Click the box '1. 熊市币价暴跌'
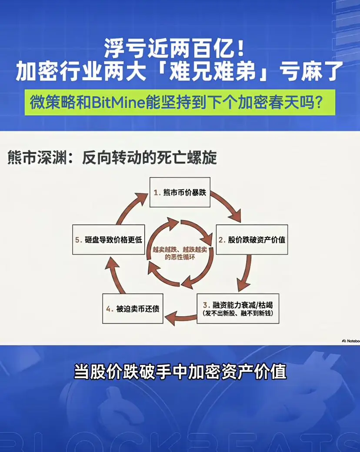coord(180,192)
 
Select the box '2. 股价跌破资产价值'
coord(252,240)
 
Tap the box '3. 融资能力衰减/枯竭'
coord(238,308)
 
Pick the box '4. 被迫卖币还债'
coord(133,308)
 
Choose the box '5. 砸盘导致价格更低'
coord(109,240)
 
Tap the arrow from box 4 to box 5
coord(115,275)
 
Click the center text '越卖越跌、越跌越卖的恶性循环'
coord(180,253)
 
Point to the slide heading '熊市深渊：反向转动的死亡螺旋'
coord(112,158)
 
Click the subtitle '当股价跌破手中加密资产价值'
coord(180,372)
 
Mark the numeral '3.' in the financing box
coord(206,305)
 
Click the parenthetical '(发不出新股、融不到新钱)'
coord(238,313)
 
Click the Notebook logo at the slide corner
coord(351,341)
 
